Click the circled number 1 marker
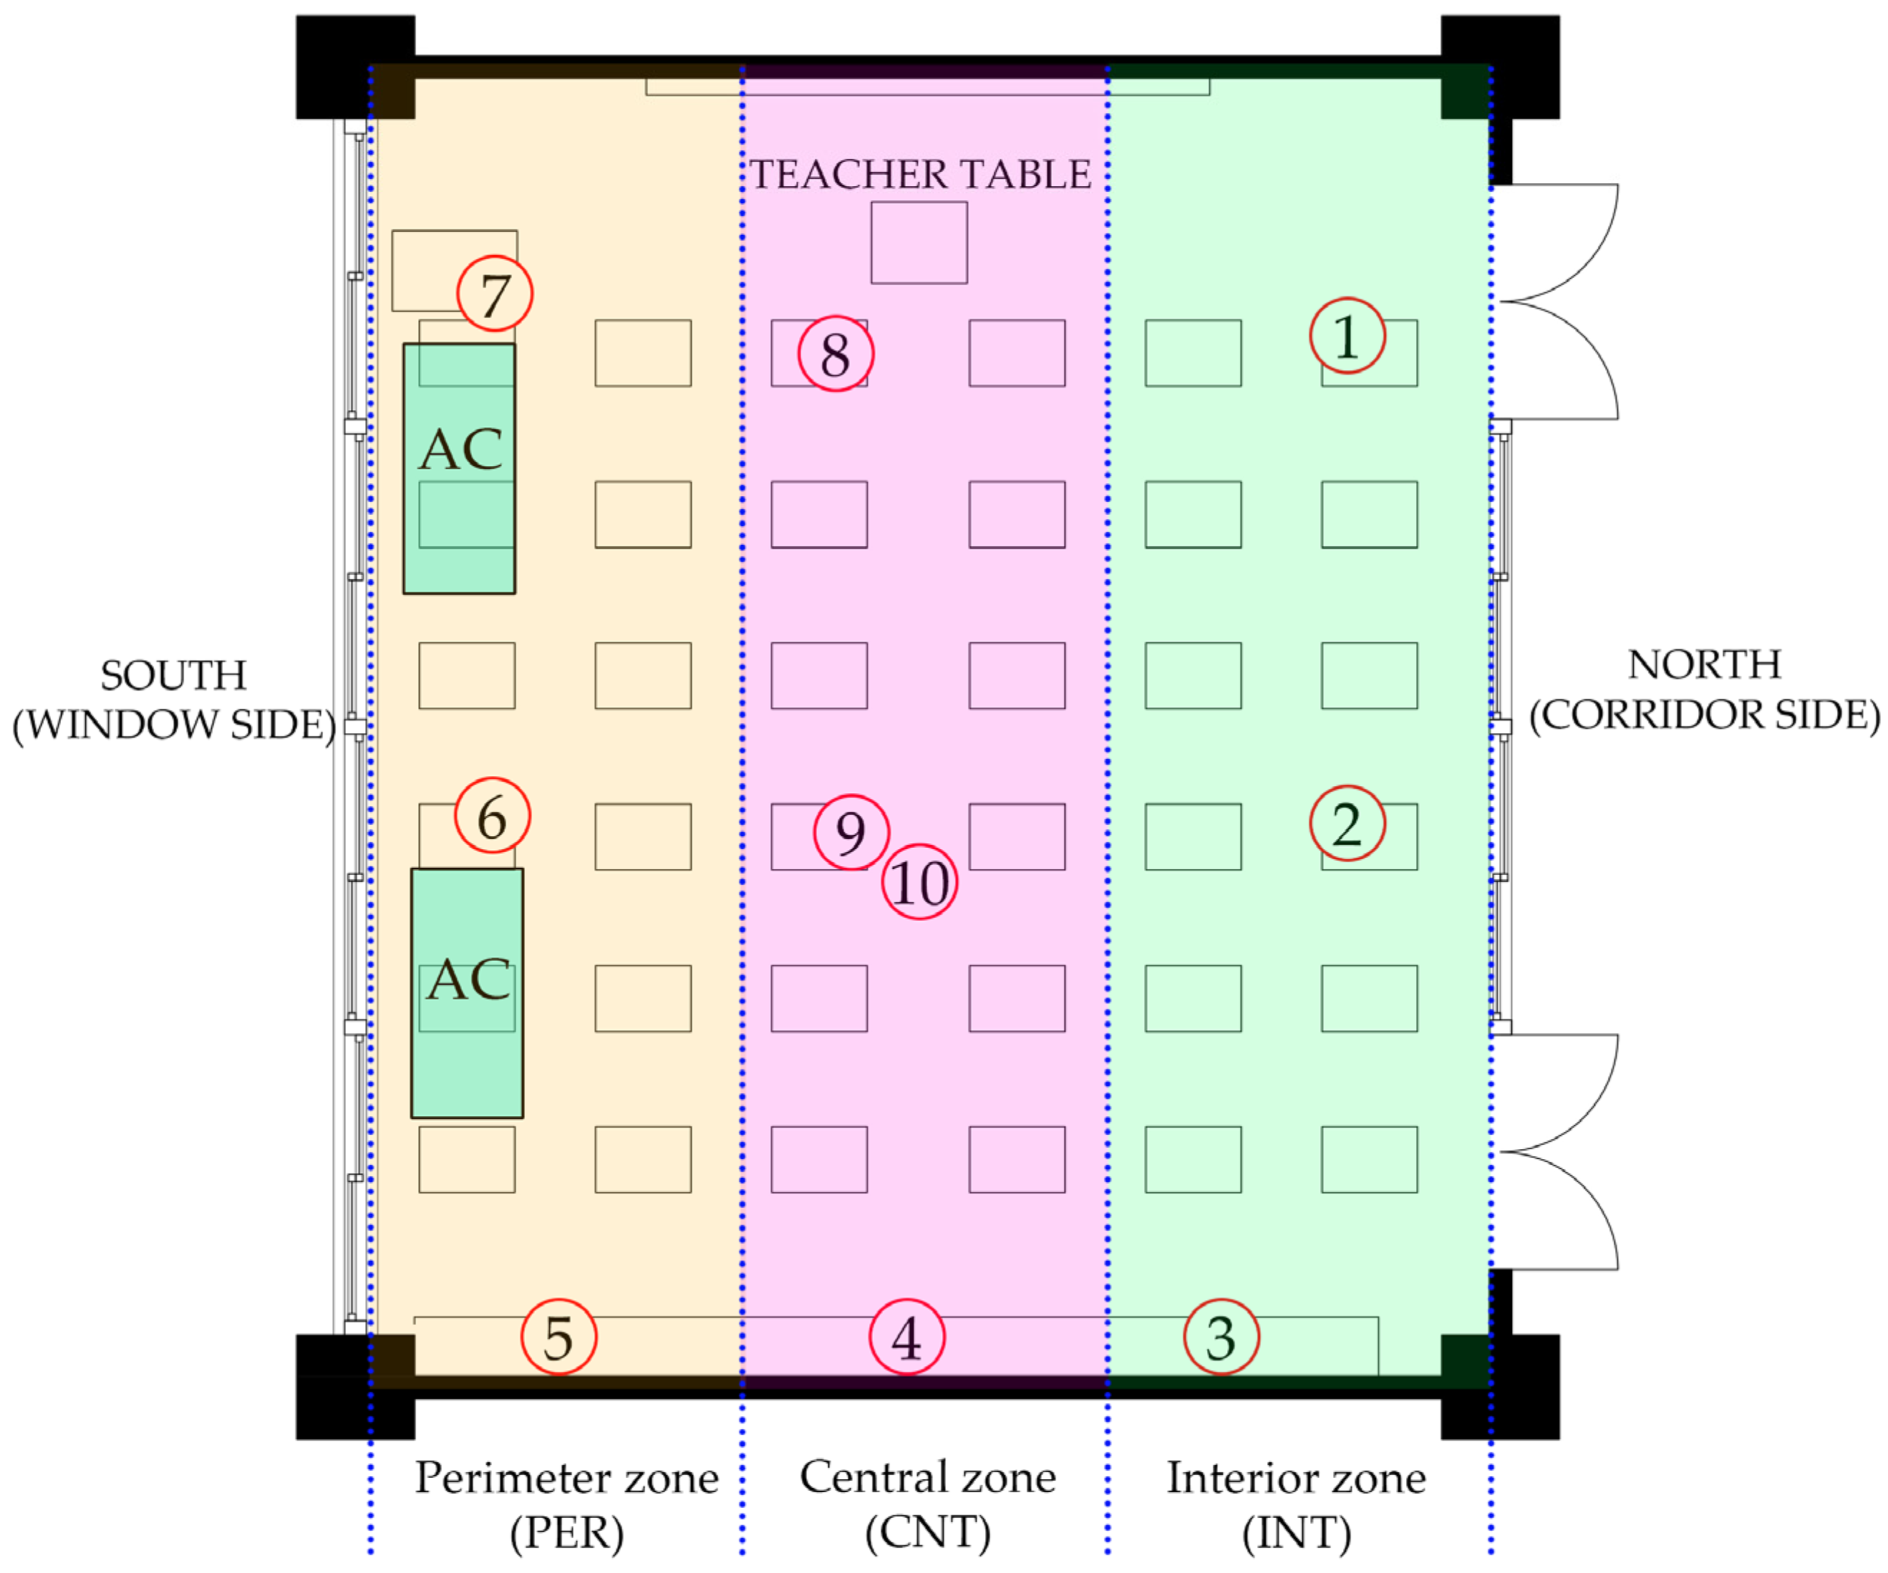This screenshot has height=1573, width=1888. point(1347,337)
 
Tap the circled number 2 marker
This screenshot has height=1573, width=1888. point(1347,823)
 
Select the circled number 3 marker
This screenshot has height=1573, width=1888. point(1221,1337)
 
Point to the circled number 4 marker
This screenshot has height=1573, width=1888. point(906,1337)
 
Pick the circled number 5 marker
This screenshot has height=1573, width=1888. point(558,1337)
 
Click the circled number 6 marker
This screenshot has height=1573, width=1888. point(492,815)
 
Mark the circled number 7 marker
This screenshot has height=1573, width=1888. point(495,294)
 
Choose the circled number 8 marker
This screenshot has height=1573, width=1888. point(836,353)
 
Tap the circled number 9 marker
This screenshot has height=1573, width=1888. point(851,833)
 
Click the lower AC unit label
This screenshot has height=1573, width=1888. point(468,979)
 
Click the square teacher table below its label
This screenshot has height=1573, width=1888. point(919,243)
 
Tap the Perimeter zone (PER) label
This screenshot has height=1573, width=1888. point(566,1505)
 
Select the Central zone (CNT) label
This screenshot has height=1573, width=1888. point(928,1505)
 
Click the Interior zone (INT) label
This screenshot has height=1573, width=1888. point(1297,1505)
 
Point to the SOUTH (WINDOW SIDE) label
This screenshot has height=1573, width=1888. point(173,700)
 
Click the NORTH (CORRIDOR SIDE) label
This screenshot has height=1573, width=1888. point(1705,689)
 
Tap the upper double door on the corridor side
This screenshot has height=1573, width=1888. point(1555,302)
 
